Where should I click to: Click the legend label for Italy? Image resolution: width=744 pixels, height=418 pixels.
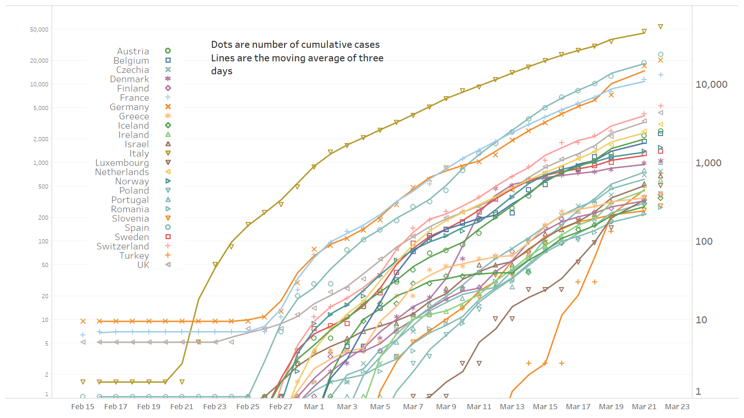(139, 153)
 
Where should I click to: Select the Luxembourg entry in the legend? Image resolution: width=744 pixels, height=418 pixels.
(122, 163)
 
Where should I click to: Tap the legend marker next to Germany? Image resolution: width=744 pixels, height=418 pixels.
(168, 107)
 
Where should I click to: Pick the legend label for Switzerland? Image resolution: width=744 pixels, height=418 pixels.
(123, 246)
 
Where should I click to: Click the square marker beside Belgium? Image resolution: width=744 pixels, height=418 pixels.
(168, 60)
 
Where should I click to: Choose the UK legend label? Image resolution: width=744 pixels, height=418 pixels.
(143, 265)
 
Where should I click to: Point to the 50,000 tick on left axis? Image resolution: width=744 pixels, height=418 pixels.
(39, 29)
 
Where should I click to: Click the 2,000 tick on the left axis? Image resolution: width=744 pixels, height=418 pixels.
(40, 139)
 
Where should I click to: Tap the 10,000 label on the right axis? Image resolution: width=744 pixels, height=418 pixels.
(711, 85)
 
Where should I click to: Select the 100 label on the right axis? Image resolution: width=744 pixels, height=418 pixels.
(704, 242)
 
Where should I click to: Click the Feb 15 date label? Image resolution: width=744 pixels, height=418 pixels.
(83, 407)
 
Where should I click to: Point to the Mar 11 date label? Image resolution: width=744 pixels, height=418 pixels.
(479, 407)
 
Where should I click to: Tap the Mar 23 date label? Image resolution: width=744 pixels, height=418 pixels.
(677, 407)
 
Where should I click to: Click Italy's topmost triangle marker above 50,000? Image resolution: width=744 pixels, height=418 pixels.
(660, 27)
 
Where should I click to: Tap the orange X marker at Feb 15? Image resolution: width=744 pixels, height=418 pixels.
(83, 321)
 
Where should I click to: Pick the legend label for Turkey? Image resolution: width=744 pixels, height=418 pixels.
(134, 255)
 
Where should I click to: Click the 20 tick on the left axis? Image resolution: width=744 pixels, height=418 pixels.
(45, 296)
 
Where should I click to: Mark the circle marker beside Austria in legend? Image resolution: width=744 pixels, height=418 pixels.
(168, 51)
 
